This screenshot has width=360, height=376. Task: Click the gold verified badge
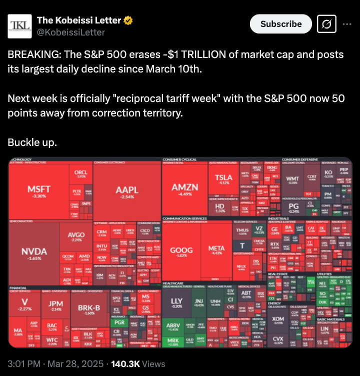[x=128, y=20]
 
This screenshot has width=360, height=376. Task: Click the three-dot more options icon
[x=346, y=24]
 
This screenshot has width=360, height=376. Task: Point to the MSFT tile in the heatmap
[x=38, y=192]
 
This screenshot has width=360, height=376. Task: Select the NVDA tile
[x=34, y=253]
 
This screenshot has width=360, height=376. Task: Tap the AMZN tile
[x=185, y=189]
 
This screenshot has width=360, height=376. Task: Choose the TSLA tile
[x=223, y=179]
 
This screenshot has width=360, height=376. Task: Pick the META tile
[x=216, y=251]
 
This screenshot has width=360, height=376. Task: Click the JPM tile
[x=55, y=305]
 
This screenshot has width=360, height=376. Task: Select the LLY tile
[x=176, y=302]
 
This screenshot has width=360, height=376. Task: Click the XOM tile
[x=278, y=320]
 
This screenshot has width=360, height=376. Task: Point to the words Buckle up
[x=32, y=142]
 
